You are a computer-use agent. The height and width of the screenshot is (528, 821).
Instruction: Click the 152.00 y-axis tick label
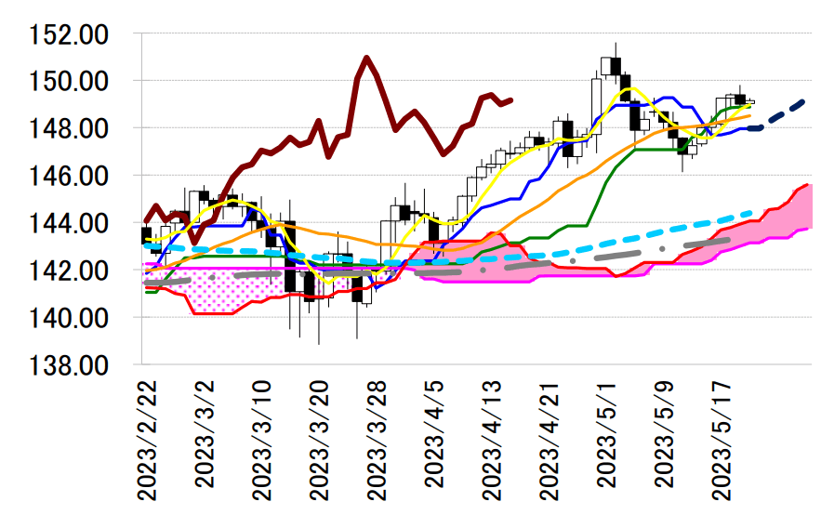pos(69,35)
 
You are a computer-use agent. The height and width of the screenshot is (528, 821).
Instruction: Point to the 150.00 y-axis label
pos(69,83)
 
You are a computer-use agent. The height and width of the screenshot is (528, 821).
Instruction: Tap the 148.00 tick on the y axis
pos(69,129)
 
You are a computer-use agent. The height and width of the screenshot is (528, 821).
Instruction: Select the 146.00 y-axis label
pos(69,177)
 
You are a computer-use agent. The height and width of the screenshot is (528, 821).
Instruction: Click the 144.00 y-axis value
pos(69,224)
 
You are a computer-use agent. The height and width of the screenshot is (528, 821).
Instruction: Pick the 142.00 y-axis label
pos(69,271)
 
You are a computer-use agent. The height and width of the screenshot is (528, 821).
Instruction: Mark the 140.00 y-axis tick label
pos(69,319)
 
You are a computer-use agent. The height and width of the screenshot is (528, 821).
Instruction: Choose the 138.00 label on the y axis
pos(69,366)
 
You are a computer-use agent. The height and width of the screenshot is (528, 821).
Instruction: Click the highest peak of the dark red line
pos(367,58)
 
